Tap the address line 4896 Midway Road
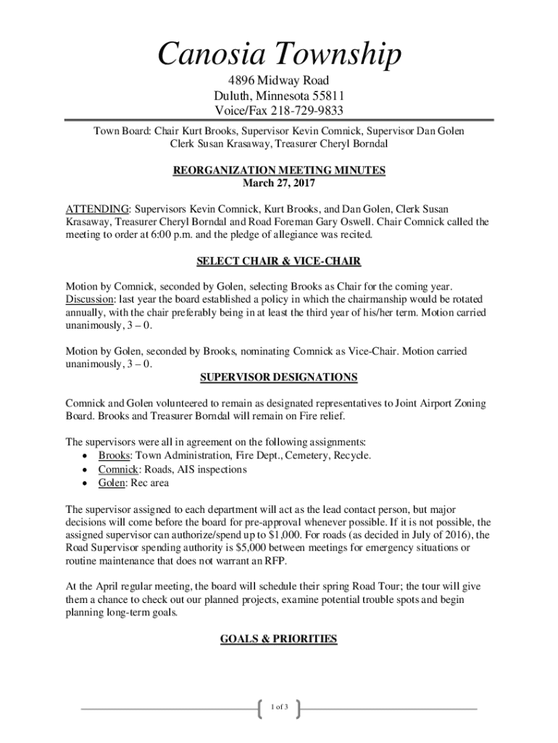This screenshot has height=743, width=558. pyautogui.click(x=279, y=81)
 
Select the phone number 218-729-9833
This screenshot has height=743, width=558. pyautogui.click(x=307, y=111)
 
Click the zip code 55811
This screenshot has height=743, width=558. pyautogui.click(x=328, y=96)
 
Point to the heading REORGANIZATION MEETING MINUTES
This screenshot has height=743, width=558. pyautogui.click(x=279, y=171)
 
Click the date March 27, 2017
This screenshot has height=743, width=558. pyautogui.click(x=279, y=183)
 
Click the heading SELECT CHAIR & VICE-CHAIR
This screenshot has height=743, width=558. pyautogui.click(x=279, y=261)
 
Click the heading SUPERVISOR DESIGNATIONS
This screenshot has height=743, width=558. pyautogui.click(x=279, y=377)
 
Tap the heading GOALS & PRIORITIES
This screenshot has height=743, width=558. pyautogui.click(x=279, y=639)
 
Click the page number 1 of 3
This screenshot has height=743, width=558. pyautogui.click(x=279, y=707)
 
